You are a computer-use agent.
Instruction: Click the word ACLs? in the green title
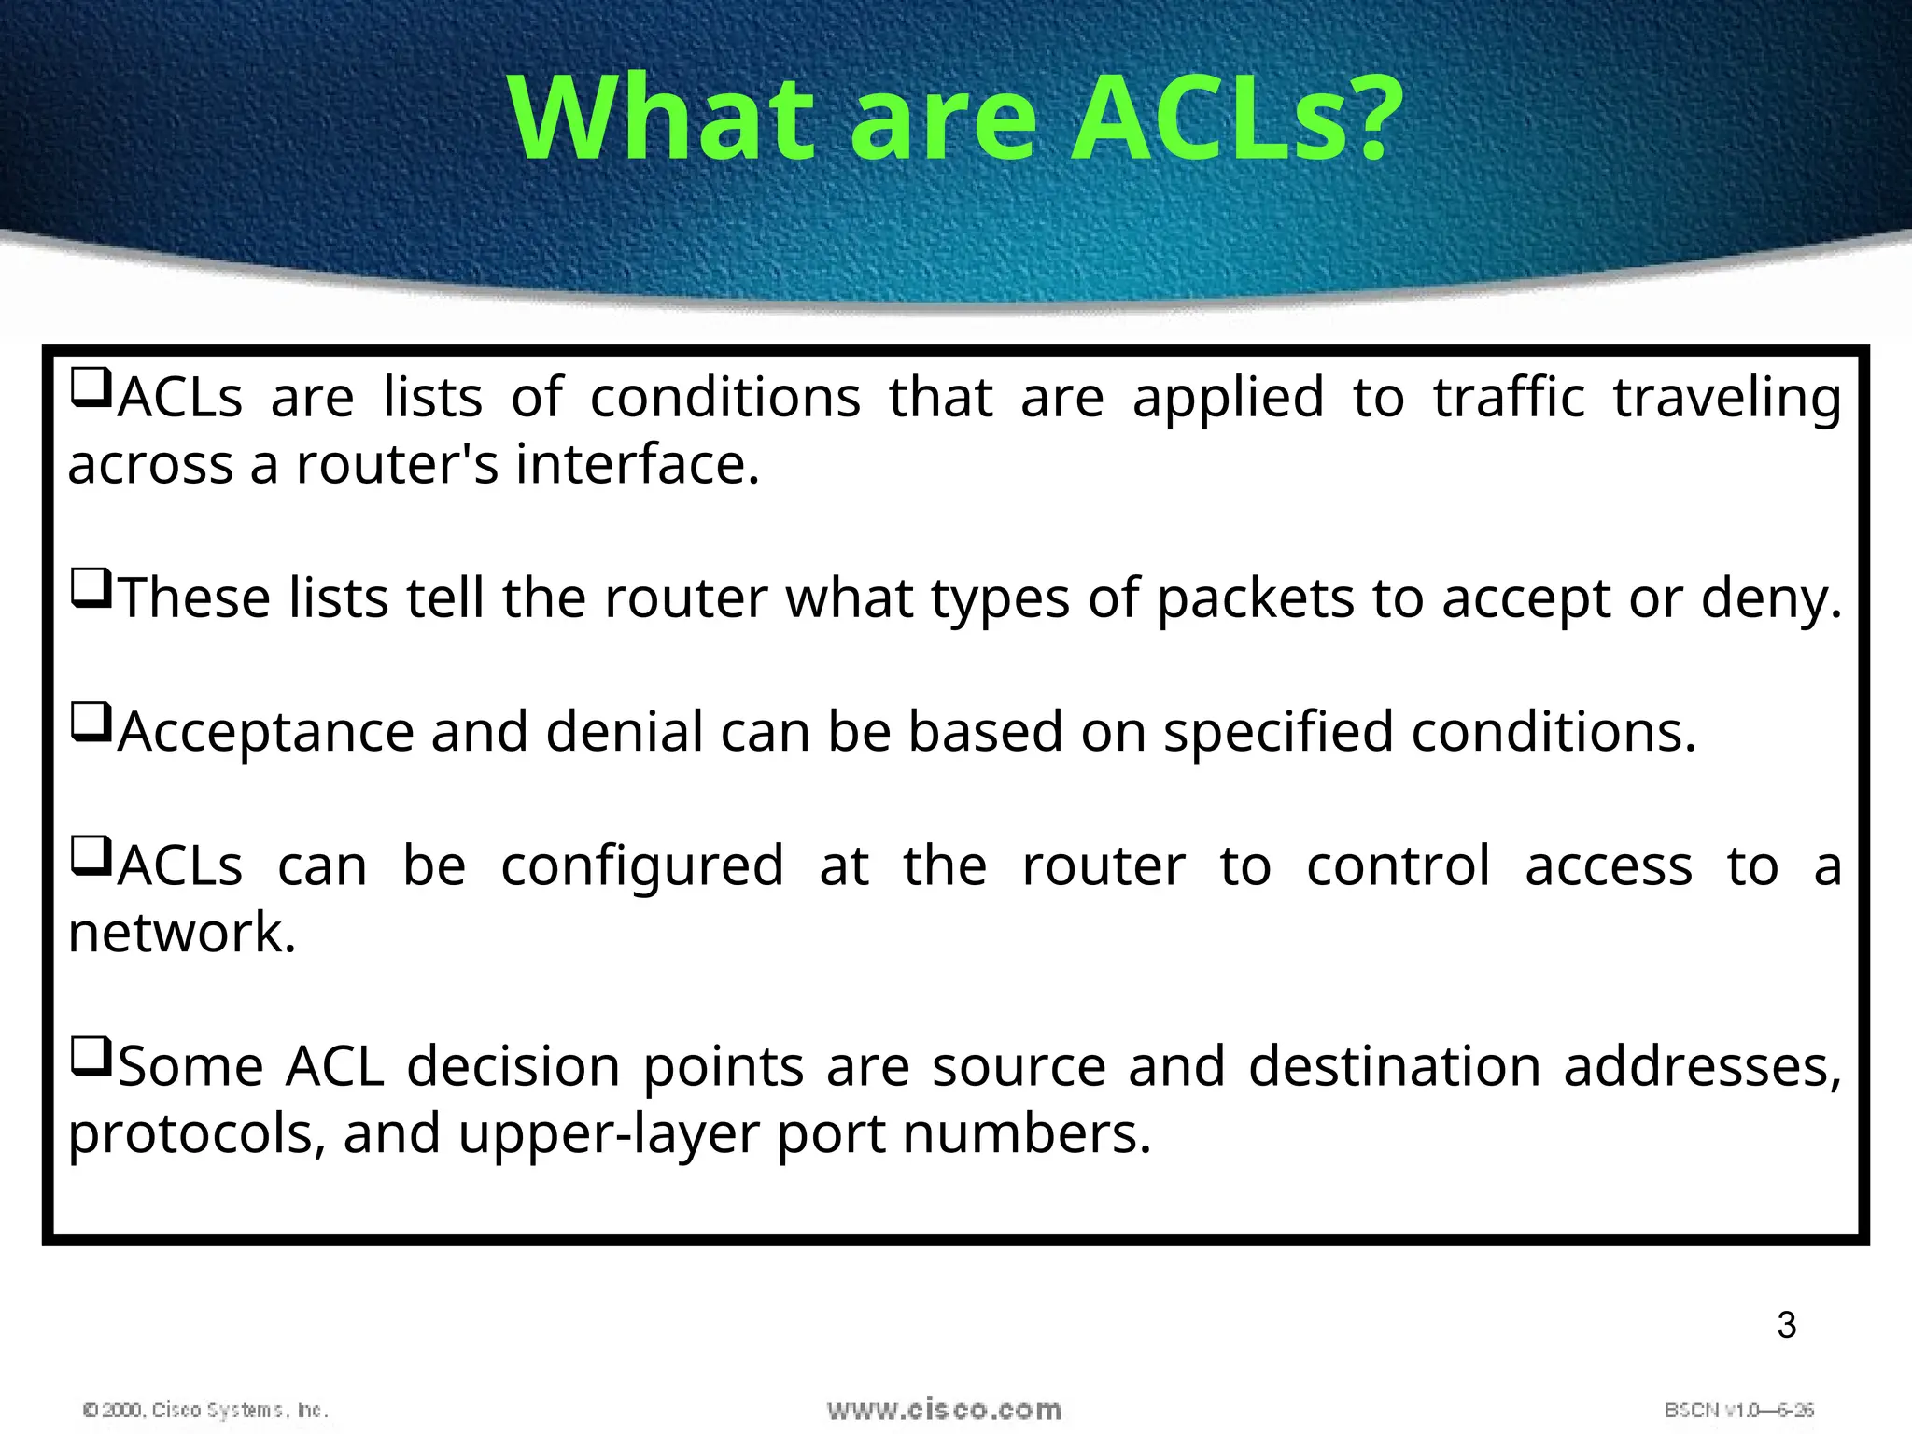(x=1236, y=119)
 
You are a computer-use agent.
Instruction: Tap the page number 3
(x=1786, y=1325)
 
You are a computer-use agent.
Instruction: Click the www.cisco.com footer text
(x=944, y=1410)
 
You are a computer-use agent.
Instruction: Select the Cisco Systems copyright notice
(x=205, y=1410)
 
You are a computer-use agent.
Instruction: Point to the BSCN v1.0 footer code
(x=1738, y=1410)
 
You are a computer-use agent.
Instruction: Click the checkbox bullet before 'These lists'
(x=91, y=589)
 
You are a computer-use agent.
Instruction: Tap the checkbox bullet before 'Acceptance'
(x=91, y=723)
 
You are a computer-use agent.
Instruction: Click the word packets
(x=1255, y=598)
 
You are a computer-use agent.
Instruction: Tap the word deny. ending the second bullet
(x=1771, y=598)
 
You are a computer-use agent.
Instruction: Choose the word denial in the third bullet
(x=625, y=732)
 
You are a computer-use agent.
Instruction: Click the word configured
(x=642, y=866)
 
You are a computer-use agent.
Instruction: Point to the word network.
(x=182, y=933)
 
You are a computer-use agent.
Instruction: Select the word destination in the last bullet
(x=1395, y=1067)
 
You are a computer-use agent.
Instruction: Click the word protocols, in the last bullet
(x=197, y=1134)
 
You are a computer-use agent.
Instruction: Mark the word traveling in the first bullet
(x=1727, y=398)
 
